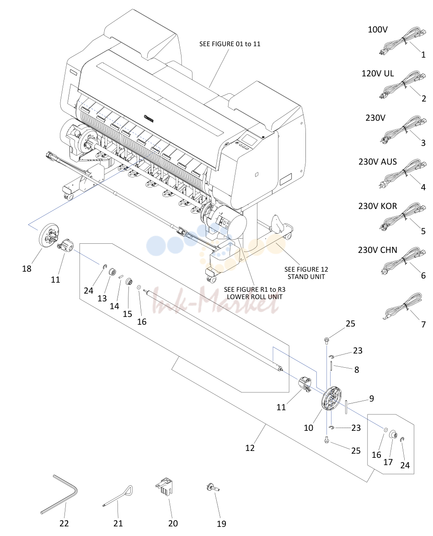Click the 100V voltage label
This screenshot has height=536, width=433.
[378, 30]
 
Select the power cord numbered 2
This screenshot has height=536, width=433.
[403, 84]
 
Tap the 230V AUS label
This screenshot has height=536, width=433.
[378, 162]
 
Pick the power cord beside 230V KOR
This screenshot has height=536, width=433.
[403, 217]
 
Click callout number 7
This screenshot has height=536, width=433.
[423, 324]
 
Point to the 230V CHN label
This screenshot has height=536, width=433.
[378, 250]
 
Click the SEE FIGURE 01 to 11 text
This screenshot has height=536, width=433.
[230, 44]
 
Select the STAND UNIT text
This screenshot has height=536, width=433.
[306, 277]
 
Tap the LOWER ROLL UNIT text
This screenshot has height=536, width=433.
[255, 297]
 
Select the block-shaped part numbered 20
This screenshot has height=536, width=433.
[164, 486]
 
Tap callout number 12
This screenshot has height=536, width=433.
[250, 448]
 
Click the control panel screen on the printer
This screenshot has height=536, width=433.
[248, 139]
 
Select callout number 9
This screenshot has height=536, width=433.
[371, 399]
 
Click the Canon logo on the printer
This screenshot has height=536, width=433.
[149, 118]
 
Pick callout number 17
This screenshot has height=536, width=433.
[388, 462]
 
